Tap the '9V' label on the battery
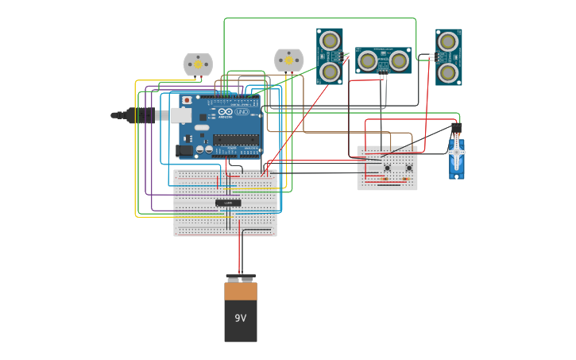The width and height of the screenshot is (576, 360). click(240, 318)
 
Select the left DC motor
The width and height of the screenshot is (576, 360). click(198, 64)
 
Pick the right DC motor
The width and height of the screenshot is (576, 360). click(288, 60)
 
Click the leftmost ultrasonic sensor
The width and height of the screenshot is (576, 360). click(330, 56)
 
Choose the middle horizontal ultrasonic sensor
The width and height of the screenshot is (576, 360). click(383, 60)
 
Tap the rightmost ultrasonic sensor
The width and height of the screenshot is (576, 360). click(448, 57)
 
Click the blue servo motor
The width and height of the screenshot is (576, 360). click(456, 157)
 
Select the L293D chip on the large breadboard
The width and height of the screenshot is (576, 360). click(228, 203)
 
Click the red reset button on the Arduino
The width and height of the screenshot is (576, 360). click(187, 101)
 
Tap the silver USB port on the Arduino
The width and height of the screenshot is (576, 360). click(180, 115)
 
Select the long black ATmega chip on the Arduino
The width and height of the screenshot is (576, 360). click(236, 139)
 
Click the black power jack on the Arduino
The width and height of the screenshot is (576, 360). click(184, 149)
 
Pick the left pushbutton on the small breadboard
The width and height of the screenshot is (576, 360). click(387, 168)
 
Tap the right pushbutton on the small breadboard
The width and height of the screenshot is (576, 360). click(408, 168)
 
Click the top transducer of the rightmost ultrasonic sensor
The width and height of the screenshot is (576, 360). click(448, 41)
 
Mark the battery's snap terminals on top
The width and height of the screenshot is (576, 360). click(240, 278)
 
